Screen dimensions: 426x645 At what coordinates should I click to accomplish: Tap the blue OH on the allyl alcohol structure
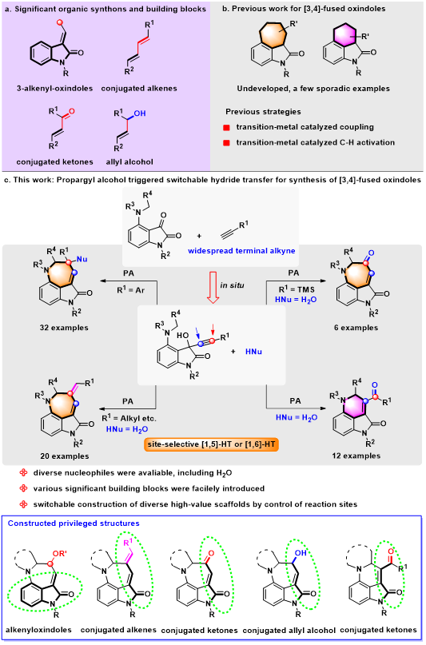pyautogui.click(x=139, y=113)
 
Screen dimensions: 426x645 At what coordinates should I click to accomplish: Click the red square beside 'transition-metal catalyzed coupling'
pyautogui.click(x=226, y=128)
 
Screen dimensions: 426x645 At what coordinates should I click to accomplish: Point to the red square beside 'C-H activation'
pyautogui.click(x=226, y=143)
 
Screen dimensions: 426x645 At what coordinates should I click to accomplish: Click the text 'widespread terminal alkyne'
pyautogui.click(x=242, y=250)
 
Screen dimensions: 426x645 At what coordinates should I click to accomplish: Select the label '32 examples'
pyautogui.click(x=64, y=328)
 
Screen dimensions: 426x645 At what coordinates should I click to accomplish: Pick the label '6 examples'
pyautogui.click(x=356, y=328)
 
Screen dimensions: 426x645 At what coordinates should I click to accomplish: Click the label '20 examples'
pyautogui.click(x=65, y=456)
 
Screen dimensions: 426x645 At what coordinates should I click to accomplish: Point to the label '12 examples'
pyautogui.click(x=357, y=456)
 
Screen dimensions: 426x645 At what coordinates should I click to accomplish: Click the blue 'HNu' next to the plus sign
pyautogui.click(x=253, y=352)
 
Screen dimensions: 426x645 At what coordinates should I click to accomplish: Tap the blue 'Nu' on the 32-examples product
pyautogui.click(x=82, y=259)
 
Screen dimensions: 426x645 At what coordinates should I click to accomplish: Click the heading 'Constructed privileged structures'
pyautogui.click(x=74, y=524)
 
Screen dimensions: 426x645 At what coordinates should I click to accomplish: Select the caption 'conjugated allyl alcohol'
pyautogui.click(x=289, y=630)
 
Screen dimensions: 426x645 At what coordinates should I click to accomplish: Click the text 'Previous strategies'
pyautogui.click(x=263, y=111)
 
